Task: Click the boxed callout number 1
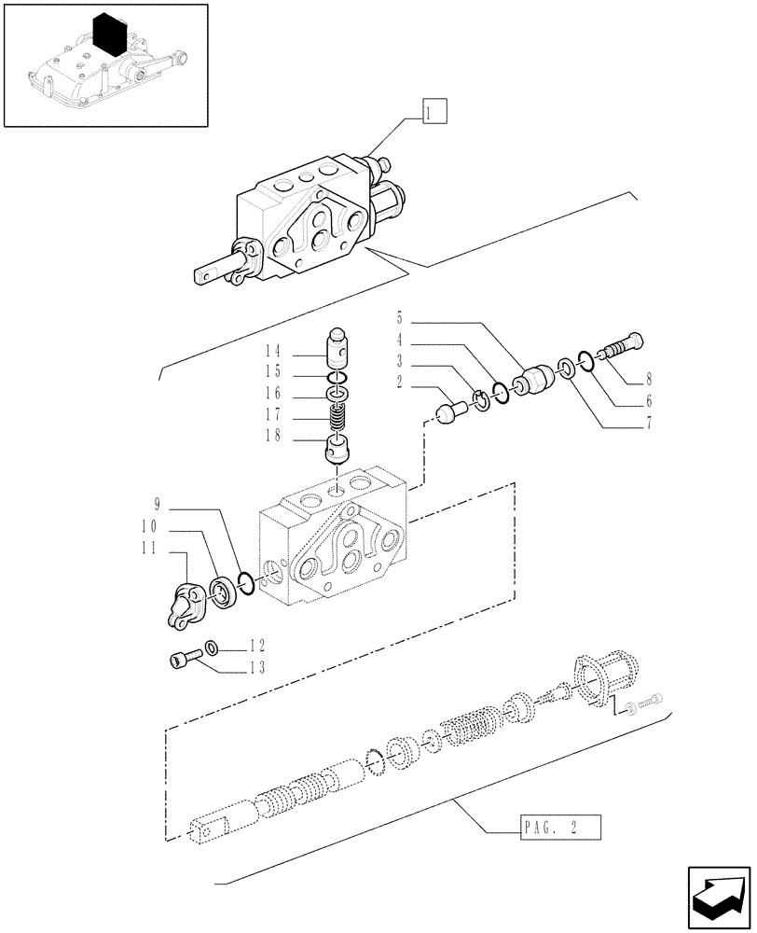[x=434, y=114]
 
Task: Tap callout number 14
[x=272, y=352]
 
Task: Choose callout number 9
[x=158, y=506]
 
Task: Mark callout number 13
[x=256, y=667]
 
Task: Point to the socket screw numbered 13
[x=182, y=660]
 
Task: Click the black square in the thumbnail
[x=110, y=35]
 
